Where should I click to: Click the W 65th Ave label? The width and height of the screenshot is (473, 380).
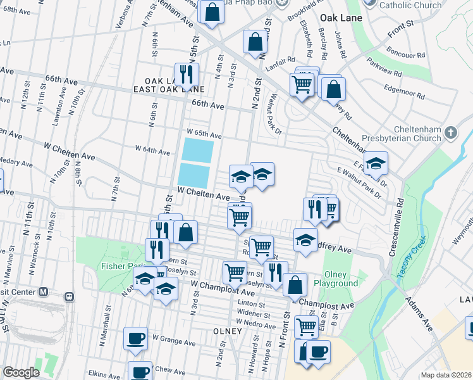click(x=204, y=134)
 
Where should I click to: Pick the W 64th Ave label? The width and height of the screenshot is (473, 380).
click(x=152, y=151)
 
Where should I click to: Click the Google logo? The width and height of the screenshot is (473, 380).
click(x=21, y=372)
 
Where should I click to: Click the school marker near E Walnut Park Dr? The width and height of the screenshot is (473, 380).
click(x=376, y=164)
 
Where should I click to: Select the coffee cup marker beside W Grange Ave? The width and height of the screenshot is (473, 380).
click(x=135, y=338)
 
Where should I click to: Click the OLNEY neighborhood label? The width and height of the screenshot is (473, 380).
click(x=228, y=331)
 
